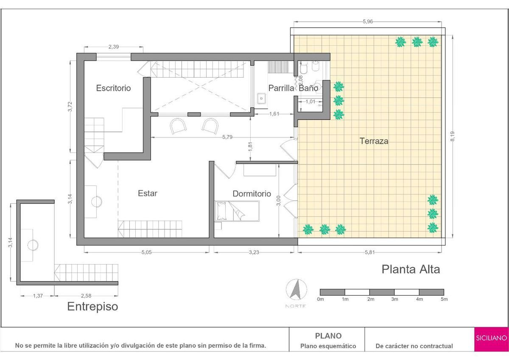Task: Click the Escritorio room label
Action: click(113, 88)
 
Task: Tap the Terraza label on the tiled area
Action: click(374, 141)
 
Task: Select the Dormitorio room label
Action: click(252, 194)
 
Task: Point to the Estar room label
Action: click(148, 193)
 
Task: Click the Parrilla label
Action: click(281, 88)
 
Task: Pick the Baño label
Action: click(308, 88)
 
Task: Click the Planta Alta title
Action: click(411, 269)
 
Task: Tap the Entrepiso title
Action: click(93, 307)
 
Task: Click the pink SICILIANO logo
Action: click(491, 339)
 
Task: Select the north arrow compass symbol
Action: click(296, 290)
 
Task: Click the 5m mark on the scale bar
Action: click(444, 299)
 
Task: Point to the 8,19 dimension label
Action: click(453, 136)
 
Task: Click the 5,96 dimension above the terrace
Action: click(368, 22)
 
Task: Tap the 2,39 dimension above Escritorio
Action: click(113, 47)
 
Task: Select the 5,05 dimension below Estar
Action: click(147, 252)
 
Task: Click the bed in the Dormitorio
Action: click(237, 211)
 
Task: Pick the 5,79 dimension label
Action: click(227, 137)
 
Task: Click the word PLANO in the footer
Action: click(328, 336)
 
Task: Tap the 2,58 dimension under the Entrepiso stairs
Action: click(86, 296)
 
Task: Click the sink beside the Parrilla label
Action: click(262, 98)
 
